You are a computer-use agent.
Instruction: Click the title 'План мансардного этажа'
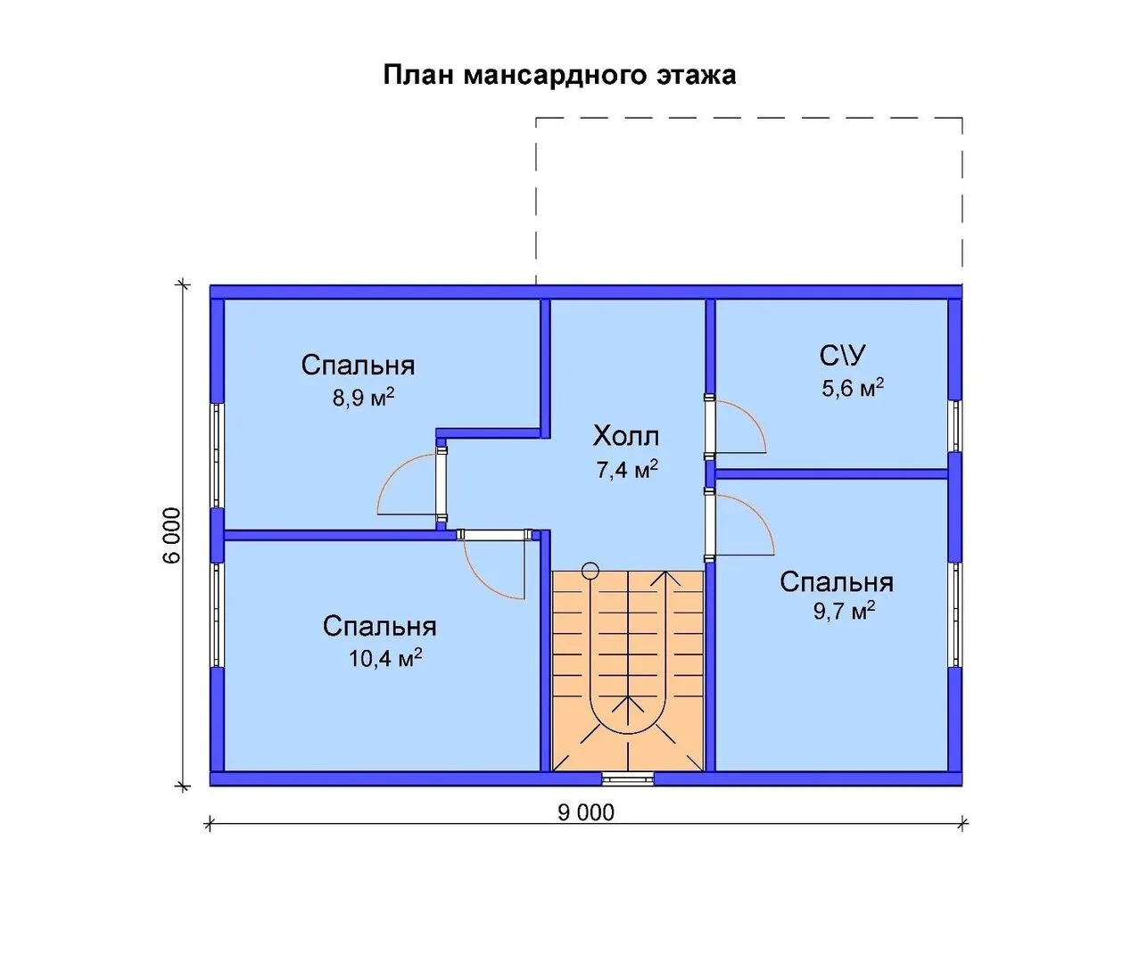click(559, 76)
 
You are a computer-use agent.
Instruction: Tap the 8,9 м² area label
click(363, 397)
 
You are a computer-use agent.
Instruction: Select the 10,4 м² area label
click(385, 657)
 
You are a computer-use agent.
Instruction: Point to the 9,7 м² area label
click(844, 611)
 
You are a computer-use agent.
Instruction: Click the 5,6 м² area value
click(853, 388)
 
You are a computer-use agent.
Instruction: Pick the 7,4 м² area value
click(627, 469)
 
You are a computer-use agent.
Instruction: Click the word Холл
click(625, 436)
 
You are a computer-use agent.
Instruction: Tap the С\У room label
click(843, 356)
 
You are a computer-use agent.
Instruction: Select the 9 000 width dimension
click(586, 812)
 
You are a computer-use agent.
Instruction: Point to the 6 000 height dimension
click(172, 535)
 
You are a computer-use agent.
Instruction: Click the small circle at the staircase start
click(590, 571)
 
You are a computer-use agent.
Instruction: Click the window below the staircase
click(628, 778)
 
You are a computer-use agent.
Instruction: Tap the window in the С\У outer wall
click(955, 426)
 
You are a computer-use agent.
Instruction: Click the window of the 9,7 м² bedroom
click(955, 615)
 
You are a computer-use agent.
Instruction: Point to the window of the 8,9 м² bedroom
click(218, 456)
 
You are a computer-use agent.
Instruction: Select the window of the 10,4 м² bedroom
click(218, 615)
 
